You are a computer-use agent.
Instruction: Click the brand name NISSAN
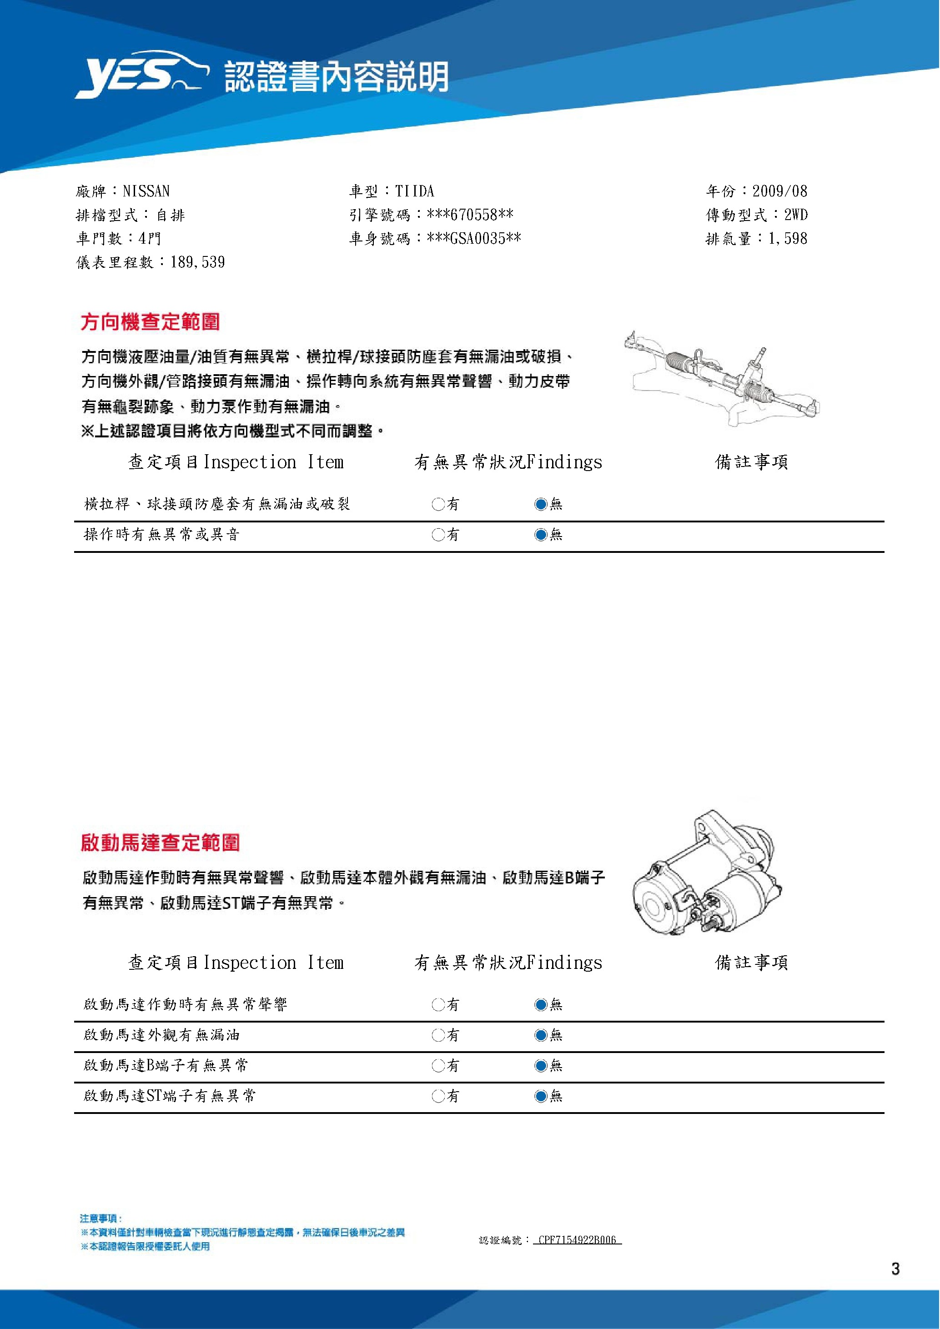[x=146, y=191]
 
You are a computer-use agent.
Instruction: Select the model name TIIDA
[x=414, y=191]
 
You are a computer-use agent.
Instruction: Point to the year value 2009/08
[x=779, y=191]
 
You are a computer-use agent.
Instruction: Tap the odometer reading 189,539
[x=197, y=262]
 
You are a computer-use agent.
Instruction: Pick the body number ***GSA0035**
[x=473, y=239]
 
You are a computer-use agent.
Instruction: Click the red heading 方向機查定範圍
[x=150, y=322]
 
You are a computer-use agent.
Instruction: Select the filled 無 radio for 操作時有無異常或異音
[x=541, y=535]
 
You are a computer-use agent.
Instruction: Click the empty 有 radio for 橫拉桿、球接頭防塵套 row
[x=438, y=504]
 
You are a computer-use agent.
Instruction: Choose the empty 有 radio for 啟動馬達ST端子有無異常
[x=438, y=1096]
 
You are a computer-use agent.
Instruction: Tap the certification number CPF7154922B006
[x=577, y=1240]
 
